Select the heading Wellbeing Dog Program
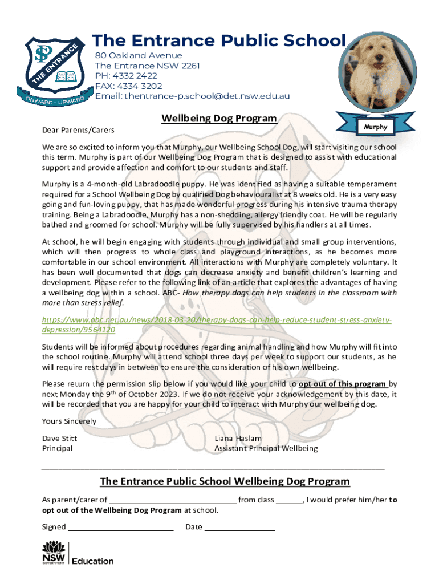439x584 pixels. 219,119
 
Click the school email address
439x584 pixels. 193,96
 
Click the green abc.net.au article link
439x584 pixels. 217,325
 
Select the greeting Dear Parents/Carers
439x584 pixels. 78,131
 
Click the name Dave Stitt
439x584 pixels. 60,439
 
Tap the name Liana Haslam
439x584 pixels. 238,439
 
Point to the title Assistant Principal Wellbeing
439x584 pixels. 266,448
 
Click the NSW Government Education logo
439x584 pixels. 78,553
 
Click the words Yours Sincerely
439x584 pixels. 69,421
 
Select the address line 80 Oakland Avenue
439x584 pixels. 139,55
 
